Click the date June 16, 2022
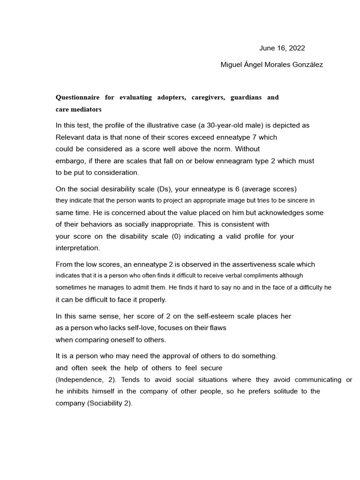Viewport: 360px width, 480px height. click(282, 48)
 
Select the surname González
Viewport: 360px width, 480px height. click(305, 65)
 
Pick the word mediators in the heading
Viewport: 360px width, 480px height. click(87, 109)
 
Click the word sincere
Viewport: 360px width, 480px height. click(292, 201)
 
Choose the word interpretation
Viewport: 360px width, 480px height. click(77, 248)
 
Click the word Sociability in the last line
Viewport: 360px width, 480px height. click(106, 403)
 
